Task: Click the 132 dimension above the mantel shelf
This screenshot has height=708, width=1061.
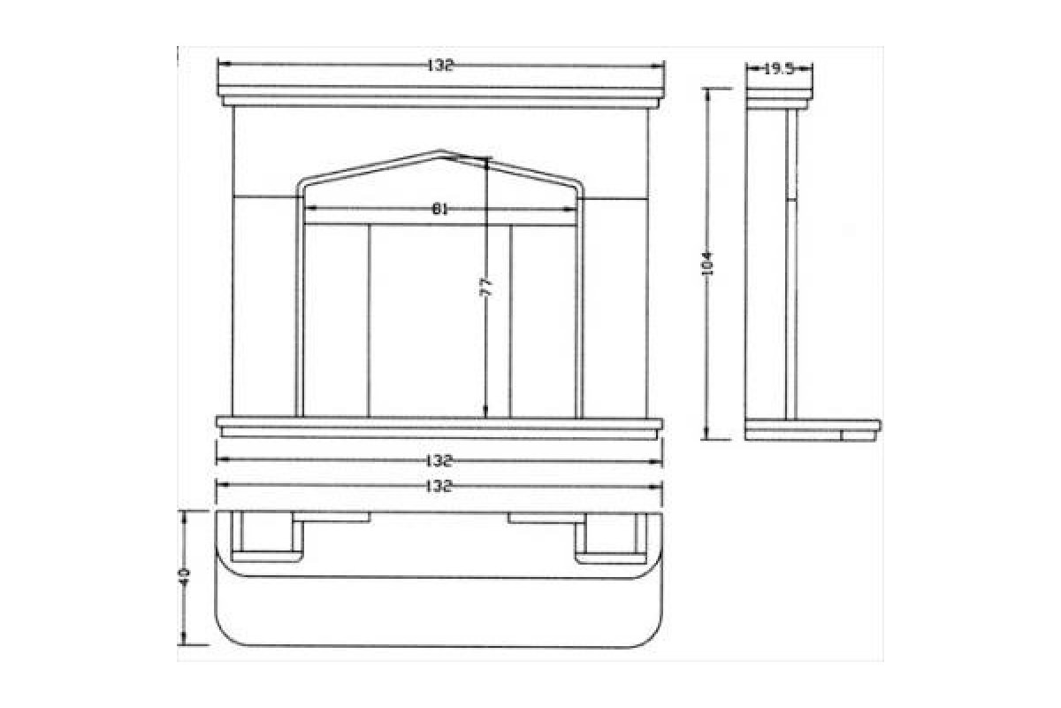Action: (x=440, y=65)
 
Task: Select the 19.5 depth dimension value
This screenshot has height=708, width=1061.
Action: (x=779, y=69)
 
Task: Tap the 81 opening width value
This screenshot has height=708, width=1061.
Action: (x=440, y=209)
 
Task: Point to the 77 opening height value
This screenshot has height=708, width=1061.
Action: (x=486, y=287)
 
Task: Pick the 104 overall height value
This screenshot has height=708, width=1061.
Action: (x=707, y=264)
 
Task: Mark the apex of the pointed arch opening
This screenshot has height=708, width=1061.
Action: (x=440, y=150)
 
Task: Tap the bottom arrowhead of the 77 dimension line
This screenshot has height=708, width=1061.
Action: (x=486, y=411)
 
